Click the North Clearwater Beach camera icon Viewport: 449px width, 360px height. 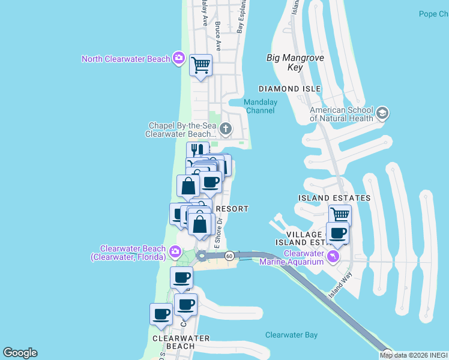(x=178, y=58)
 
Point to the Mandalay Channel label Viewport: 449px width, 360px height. (x=261, y=106)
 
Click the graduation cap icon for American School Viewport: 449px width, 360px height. (x=382, y=113)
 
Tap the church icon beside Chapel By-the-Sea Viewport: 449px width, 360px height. (x=225, y=128)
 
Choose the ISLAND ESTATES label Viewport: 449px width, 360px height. (x=334, y=197)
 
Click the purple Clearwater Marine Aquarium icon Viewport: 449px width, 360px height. (x=334, y=256)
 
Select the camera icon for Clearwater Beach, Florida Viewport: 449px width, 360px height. (x=175, y=251)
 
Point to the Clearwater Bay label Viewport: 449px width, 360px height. (x=291, y=335)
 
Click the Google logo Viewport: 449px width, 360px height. (x=20, y=353)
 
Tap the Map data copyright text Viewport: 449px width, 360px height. (x=414, y=355)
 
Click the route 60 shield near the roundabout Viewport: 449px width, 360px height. (x=229, y=256)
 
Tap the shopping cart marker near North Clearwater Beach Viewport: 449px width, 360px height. (x=200, y=64)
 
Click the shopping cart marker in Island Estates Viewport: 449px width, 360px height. (x=340, y=214)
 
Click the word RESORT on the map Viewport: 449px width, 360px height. (x=232, y=208)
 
